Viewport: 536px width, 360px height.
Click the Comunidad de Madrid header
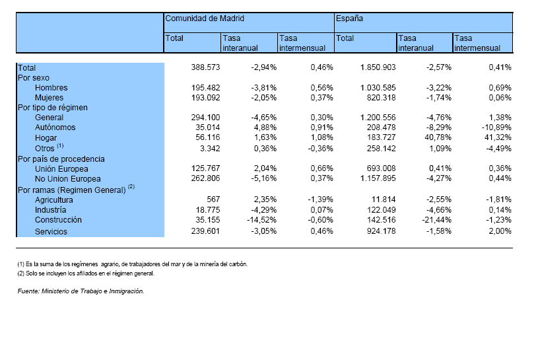[205, 18]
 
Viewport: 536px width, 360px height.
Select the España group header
[349, 18]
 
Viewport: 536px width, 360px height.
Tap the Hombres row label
[51, 88]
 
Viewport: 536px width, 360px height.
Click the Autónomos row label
[55, 127]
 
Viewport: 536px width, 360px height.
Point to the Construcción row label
[58, 220]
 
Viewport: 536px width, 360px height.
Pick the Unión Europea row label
[61, 168]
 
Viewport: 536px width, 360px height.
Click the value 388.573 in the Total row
[205, 67]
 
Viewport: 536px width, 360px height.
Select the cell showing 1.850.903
[378, 67]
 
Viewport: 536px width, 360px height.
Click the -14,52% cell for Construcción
[261, 220]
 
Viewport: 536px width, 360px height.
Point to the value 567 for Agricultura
[213, 199]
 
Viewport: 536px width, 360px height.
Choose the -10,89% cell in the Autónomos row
[496, 127]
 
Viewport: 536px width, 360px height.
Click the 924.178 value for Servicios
[381, 231]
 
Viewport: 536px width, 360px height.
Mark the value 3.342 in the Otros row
[210, 149]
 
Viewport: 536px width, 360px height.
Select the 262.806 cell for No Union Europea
[205, 178]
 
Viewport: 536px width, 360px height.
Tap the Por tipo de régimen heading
[53, 108]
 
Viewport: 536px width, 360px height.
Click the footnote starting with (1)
[132, 264]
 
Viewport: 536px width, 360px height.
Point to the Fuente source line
[81, 291]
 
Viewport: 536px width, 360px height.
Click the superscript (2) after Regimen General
[131, 186]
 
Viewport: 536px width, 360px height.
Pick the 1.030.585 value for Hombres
[378, 88]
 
